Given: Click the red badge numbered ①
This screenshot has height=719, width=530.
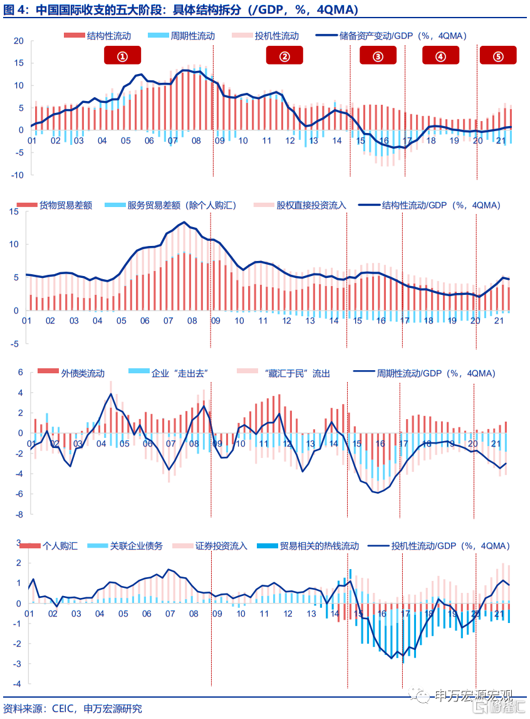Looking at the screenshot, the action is [122, 55].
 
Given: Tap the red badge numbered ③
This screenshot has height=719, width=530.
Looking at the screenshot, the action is [378, 55].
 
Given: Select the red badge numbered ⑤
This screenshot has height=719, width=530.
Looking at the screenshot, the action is [498, 55].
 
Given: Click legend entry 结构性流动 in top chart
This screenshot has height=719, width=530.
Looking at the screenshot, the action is [98, 36].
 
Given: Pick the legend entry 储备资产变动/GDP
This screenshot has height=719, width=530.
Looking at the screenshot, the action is [392, 36].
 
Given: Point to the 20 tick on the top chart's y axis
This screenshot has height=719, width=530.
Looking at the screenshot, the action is [18, 41].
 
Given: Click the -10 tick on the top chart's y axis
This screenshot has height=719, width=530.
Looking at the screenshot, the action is [17, 174].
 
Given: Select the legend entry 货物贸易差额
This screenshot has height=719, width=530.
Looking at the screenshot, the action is [55, 205].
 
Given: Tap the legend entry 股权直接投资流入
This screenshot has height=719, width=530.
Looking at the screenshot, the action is [300, 205].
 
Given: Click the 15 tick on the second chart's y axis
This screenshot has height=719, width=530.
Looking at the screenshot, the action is [14, 211].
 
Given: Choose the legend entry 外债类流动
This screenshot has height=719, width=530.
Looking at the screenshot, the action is [71, 373].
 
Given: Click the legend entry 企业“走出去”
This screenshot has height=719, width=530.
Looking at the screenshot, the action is [169, 373].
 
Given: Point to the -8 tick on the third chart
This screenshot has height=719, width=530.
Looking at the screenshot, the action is [19, 514].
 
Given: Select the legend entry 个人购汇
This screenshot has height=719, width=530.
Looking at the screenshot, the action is [49, 546].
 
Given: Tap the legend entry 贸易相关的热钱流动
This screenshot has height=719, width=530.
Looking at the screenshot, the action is [308, 546].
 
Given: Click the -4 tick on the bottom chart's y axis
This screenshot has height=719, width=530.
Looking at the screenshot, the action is [17, 684].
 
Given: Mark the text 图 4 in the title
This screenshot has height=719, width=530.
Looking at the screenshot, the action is [14, 9].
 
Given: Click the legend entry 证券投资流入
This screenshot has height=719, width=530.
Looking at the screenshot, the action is [210, 546].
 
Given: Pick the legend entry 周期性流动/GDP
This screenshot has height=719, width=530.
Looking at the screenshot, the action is [424, 373].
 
